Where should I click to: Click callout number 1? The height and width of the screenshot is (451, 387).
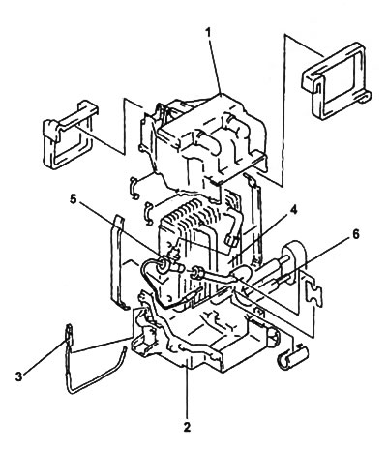point(208,33)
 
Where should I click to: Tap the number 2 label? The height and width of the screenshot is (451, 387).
point(187,427)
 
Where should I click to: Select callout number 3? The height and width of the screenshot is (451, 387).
point(19,376)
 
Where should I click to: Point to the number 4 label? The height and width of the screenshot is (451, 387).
point(293,210)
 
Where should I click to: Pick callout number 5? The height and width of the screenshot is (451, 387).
point(74,199)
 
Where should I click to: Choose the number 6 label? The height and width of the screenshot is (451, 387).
point(355,234)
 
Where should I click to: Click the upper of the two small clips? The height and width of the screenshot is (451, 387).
point(134,188)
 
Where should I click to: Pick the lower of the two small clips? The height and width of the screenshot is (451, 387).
point(149,213)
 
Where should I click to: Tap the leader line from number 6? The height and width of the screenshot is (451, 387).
point(296,260)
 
